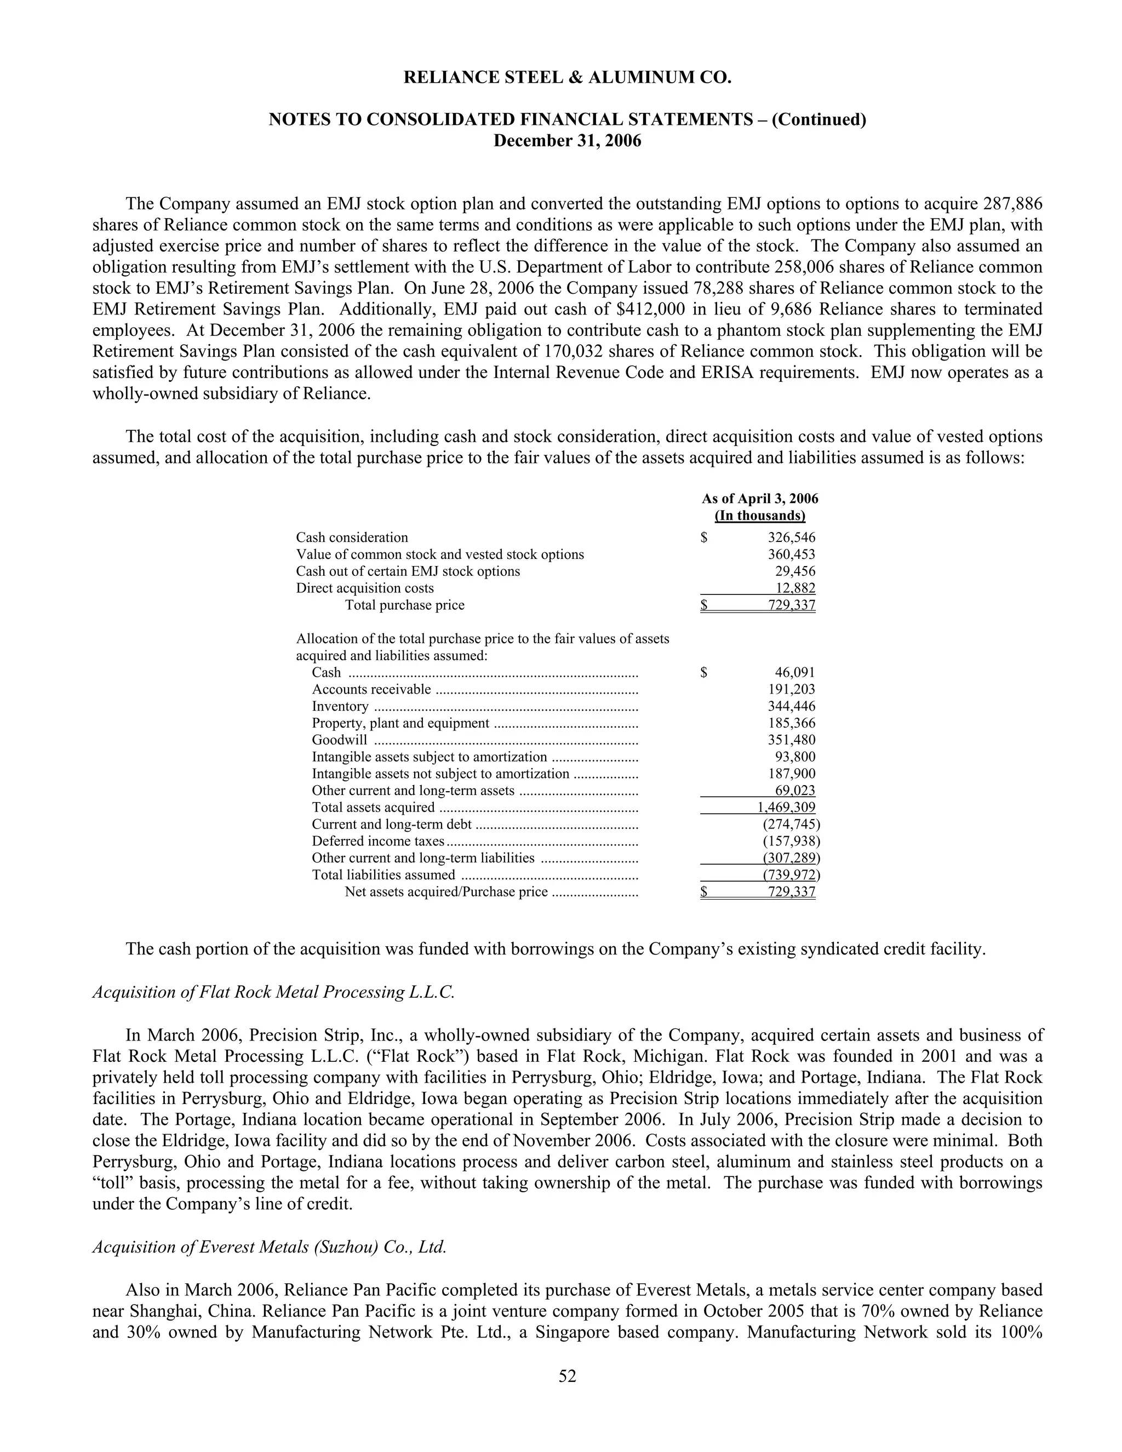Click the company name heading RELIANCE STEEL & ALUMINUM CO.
[x=567, y=78]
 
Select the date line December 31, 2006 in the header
[x=567, y=141]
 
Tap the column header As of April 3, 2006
[x=760, y=499]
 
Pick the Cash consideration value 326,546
[x=791, y=537]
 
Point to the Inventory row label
[x=340, y=706]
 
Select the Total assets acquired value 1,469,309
[x=786, y=807]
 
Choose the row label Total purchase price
[x=404, y=605]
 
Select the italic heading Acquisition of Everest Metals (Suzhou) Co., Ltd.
[x=269, y=1247]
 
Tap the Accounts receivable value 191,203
[x=791, y=689]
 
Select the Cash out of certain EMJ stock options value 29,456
[x=795, y=571]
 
